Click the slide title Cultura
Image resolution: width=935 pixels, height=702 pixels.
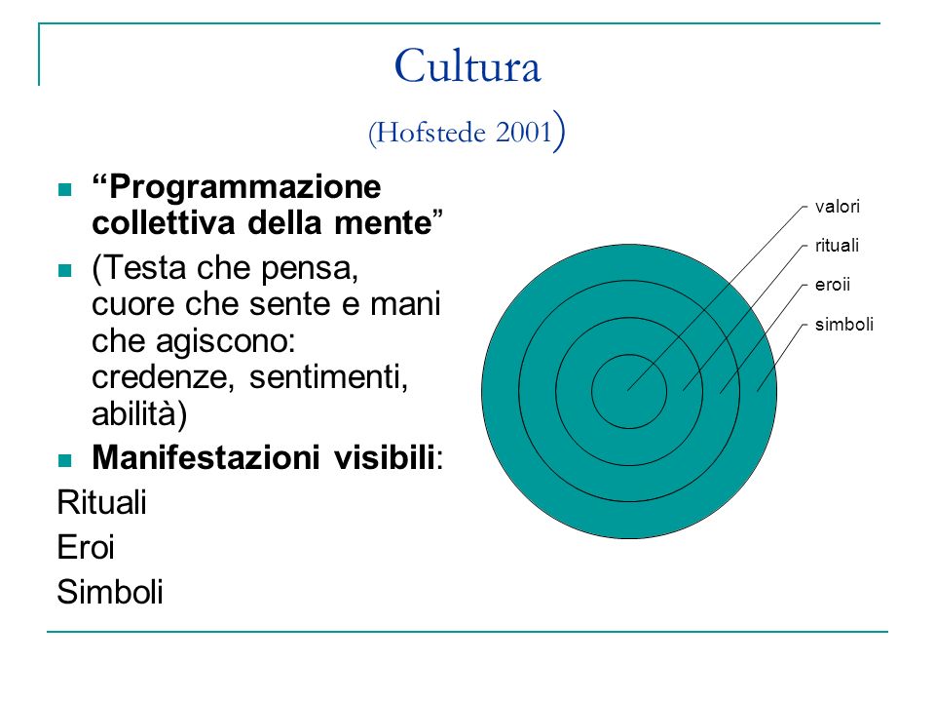467,65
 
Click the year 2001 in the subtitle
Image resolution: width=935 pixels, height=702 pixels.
524,132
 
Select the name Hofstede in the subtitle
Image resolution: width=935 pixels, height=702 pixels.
431,132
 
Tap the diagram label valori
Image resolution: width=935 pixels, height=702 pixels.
838,207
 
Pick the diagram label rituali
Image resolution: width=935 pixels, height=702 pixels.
837,246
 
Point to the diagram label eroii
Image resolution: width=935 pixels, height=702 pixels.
833,285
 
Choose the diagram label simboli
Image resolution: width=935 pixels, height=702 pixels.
843,324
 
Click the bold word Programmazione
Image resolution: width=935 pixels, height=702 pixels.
244,187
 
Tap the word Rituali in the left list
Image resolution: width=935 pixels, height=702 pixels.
101,502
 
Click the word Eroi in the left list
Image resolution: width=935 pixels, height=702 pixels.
86,547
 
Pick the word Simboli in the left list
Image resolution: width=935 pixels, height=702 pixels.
110,592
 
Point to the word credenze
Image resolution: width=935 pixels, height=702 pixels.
163,377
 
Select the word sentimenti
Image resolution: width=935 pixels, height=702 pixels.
328,377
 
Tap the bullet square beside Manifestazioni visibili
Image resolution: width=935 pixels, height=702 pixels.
65,460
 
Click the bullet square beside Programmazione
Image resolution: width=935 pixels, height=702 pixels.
65,190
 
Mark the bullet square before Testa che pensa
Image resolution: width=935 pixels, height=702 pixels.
65,270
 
